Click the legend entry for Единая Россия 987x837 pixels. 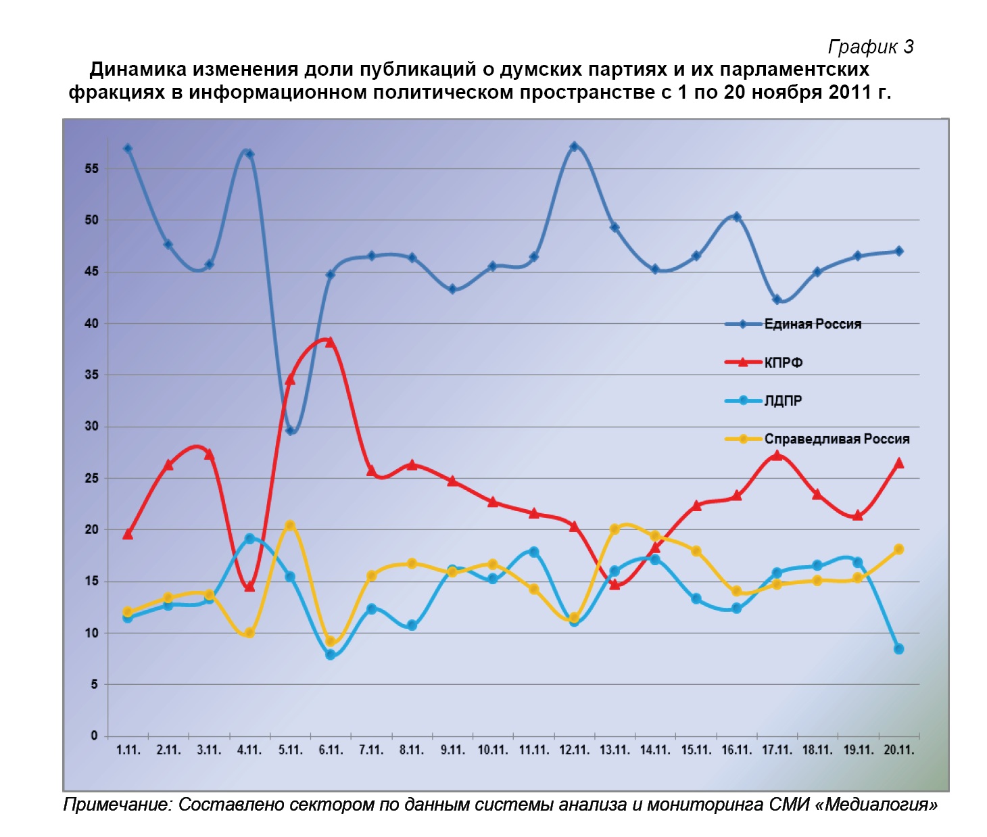coord(812,324)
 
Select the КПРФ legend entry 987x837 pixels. coord(783,362)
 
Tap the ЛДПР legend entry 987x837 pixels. coord(783,400)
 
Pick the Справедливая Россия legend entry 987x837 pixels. coord(836,439)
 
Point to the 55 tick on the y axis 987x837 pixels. coord(91,168)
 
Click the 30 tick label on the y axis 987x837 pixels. coord(91,426)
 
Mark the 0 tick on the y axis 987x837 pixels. coord(94,736)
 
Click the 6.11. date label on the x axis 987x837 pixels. coord(331,750)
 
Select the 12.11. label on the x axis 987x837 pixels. coord(574,750)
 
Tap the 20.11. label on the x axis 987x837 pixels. coord(898,750)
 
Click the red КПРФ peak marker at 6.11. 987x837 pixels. coord(330,342)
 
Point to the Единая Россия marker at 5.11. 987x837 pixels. coord(290,430)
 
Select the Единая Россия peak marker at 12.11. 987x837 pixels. coord(574,147)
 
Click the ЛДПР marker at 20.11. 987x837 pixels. coord(898,648)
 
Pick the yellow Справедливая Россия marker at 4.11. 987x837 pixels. coord(249,633)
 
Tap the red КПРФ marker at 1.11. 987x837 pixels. coord(128,534)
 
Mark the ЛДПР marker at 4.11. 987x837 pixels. coord(249,539)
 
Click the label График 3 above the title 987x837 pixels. coord(871,47)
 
